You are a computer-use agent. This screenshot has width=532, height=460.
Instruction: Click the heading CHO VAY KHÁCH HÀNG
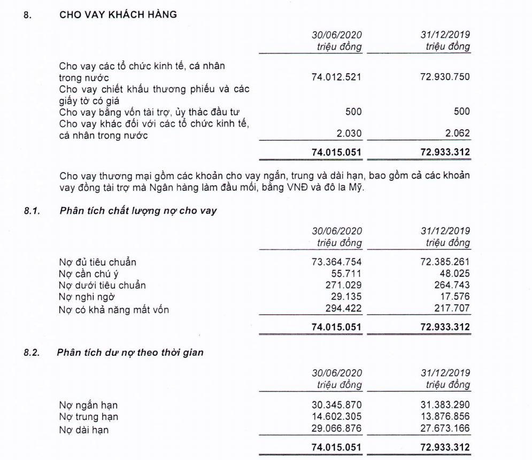[118, 15]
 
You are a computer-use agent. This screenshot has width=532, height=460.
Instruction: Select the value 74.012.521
[336, 77]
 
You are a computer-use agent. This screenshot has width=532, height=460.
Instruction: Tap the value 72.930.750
[444, 77]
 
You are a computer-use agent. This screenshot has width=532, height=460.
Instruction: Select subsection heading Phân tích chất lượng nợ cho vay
[138, 211]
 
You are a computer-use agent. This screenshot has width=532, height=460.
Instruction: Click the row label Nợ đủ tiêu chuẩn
[98, 262]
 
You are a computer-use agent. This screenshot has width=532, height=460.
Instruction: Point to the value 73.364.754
[336, 262]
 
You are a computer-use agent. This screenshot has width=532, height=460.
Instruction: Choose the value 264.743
[451, 285]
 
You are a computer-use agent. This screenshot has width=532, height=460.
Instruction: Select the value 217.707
[451, 308]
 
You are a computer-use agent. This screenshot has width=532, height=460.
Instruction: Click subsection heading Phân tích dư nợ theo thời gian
[132, 353]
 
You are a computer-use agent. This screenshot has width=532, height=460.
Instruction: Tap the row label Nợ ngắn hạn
[88, 406]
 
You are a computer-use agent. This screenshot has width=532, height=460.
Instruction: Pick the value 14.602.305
[336, 417]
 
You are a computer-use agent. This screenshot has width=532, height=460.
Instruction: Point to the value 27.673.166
[444, 428]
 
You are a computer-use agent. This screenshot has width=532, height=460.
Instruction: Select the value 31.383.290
[444, 405]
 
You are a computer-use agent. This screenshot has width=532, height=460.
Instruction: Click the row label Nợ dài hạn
[84, 429]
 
